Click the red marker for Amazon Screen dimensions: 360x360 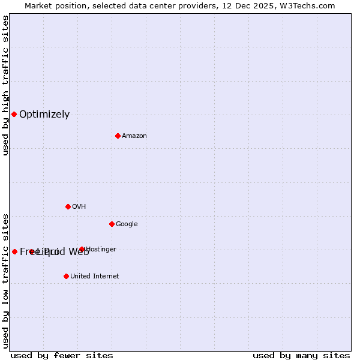click(x=118, y=136)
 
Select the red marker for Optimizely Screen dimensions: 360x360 click(x=14, y=114)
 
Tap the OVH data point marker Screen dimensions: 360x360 click(x=68, y=206)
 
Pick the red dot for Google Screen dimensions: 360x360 click(x=112, y=224)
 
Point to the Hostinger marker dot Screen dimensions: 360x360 click(x=82, y=249)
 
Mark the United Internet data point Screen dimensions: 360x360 click(x=66, y=276)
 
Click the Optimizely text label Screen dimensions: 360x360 click(x=44, y=115)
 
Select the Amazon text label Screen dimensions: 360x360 click(x=134, y=136)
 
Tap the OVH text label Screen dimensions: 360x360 click(x=79, y=207)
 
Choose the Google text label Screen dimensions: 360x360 click(x=127, y=224)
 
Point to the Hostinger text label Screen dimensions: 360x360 click(x=101, y=250)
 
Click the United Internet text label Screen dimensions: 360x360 click(x=94, y=277)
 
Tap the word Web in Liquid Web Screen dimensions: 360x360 click(x=79, y=252)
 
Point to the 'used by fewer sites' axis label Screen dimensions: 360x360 click(x=62, y=355)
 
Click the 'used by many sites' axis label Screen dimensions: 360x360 click(x=301, y=355)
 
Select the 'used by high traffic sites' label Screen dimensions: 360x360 click(x=6, y=86)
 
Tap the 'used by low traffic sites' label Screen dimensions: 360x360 click(x=6, y=281)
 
